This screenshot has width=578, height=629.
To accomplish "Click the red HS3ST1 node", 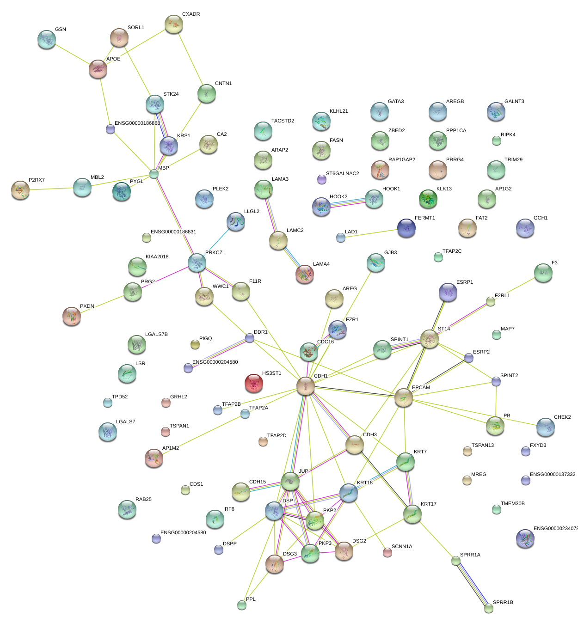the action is (x=253, y=383).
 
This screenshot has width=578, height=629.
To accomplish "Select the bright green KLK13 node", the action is (x=428, y=199).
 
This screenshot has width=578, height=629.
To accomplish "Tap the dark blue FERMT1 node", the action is (x=406, y=228).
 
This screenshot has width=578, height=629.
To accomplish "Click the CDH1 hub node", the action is (x=305, y=386).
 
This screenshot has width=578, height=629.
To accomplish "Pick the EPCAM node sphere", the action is (x=403, y=397).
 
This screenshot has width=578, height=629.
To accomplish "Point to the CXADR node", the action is (x=174, y=24).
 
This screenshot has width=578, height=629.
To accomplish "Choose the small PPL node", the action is (x=241, y=605).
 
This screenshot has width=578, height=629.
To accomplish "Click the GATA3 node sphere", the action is (x=379, y=111).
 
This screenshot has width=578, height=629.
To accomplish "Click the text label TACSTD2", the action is (x=283, y=121).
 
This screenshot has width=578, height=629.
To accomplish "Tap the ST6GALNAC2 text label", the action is (x=342, y=174).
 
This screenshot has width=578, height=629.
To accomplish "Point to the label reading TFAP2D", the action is (x=277, y=436).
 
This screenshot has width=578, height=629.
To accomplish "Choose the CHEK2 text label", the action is (x=562, y=417).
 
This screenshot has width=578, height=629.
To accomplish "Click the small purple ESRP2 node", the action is (x=469, y=358).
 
